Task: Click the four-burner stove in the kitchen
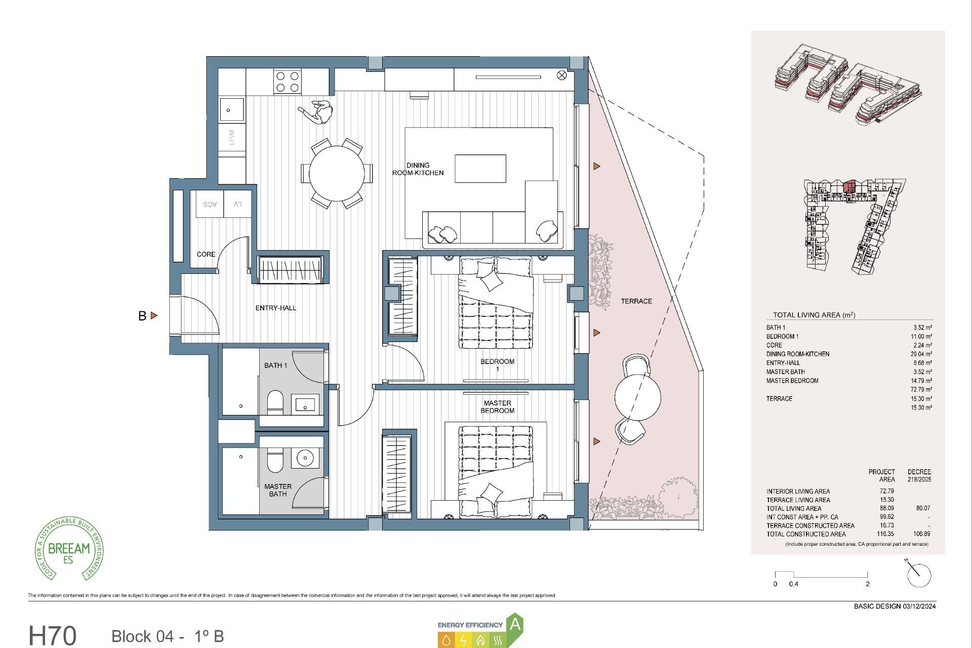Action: point(288,82)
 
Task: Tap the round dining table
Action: point(337,173)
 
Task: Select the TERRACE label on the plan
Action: point(636,301)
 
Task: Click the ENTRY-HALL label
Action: point(275,308)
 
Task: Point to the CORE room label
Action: point(206,254)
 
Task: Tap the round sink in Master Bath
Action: point(305,458)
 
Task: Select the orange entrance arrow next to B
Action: point(154,315)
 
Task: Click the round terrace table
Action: point(638,396)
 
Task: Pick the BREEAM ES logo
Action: point(69,549)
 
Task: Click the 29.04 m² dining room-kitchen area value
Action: point(921,354)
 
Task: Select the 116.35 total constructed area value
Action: point(885,534)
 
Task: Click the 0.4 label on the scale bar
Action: point(793,584)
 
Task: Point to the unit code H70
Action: point(53,635)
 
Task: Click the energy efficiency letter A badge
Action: point(515,624)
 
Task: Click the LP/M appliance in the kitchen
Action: point(232,137)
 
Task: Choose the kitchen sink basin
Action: point(231,110)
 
